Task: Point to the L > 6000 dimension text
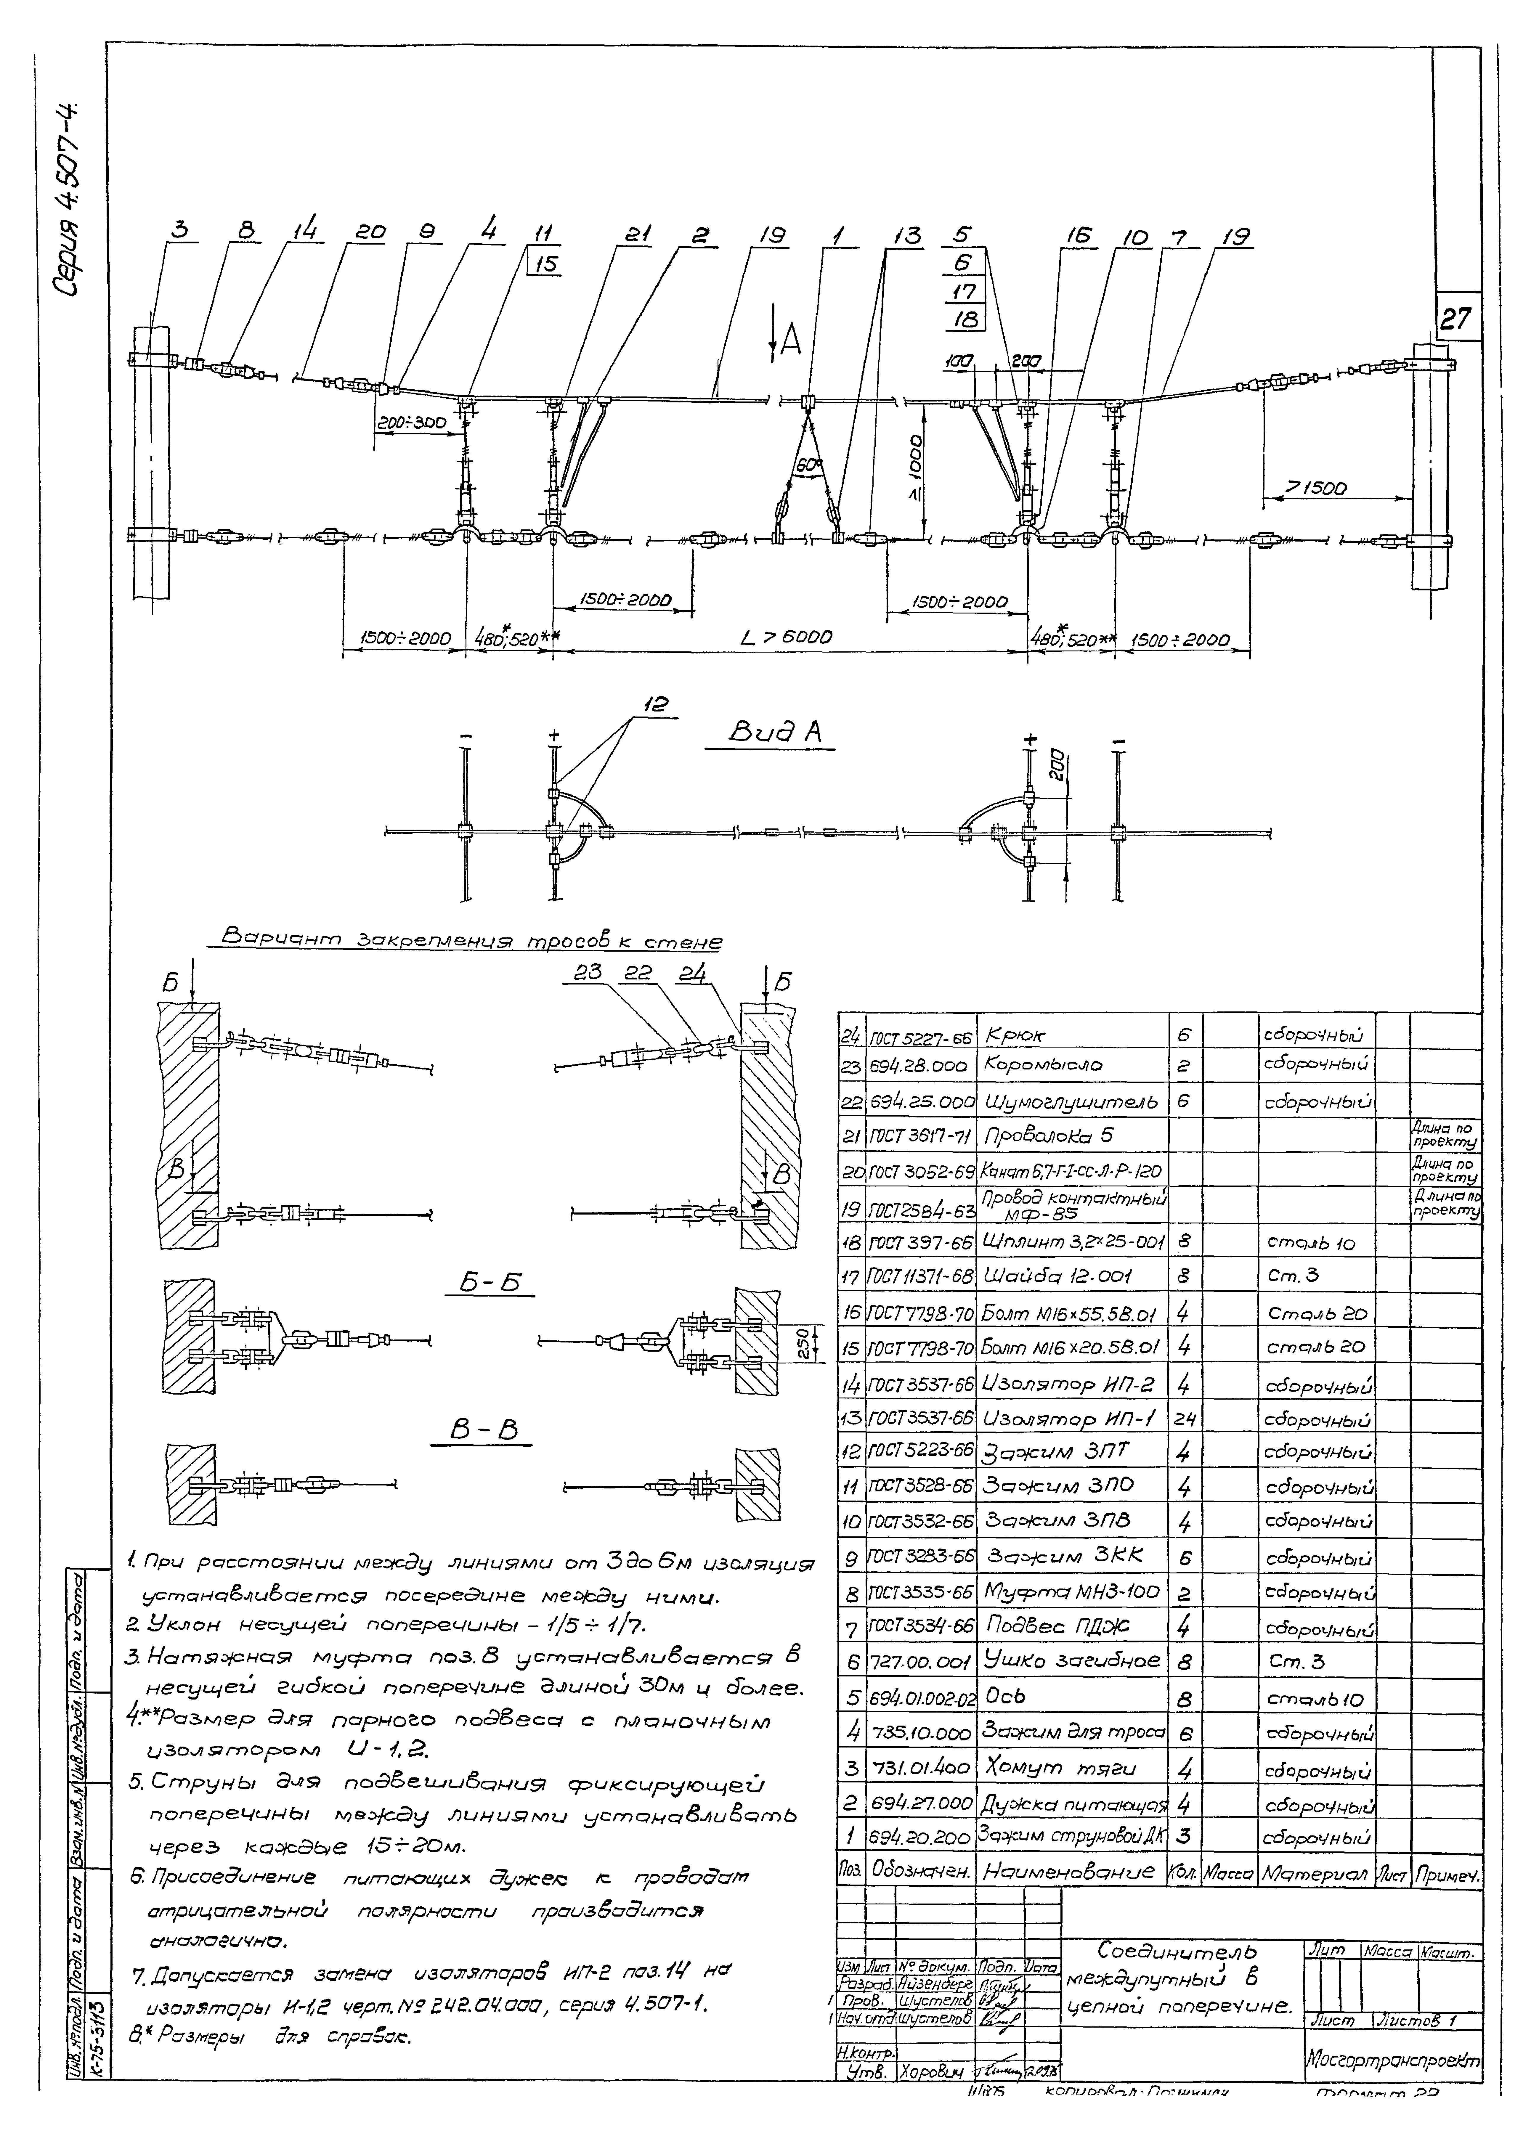pyautogui.click(x=787, y=638)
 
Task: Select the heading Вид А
pyautogui.click(x=778, y=731)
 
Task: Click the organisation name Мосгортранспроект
pyautogui.click(x=1391, y=2060)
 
